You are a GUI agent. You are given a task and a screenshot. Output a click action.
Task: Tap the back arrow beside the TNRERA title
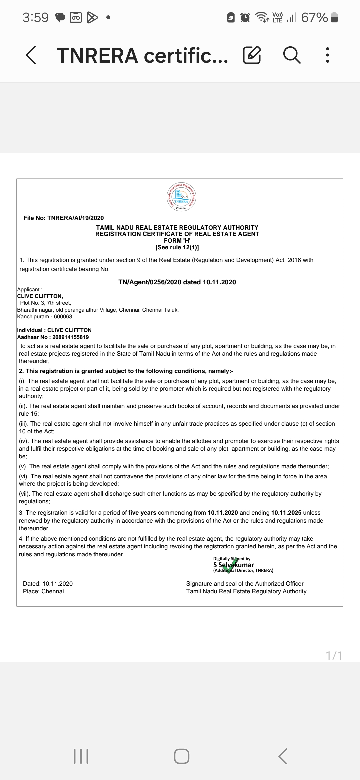click(x=31, y=55)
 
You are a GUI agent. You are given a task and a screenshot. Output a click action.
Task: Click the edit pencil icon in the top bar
click(x=252, y=55)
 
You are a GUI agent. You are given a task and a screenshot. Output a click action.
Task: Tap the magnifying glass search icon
click(x=292, y=55)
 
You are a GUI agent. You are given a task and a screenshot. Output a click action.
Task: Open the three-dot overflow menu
click(x=328, y=55)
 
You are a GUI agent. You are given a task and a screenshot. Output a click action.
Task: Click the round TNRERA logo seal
click(x=181, y=197)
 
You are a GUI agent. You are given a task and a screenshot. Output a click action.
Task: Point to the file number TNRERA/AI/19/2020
click(x=75, y=218)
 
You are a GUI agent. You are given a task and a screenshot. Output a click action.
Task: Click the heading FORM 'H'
click(x=177, y=241)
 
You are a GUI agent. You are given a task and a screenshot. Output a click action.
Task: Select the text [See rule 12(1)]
click(x=177, y=247)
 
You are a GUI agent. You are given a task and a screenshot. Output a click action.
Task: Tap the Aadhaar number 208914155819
click(x=70, y=337)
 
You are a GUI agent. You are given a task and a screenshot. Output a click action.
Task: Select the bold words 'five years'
click(x=142, y=513)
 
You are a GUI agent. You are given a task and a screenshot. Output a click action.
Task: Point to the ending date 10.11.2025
click(x=286, y=513)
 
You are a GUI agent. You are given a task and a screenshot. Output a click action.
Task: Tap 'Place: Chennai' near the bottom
click(x=43, y=591)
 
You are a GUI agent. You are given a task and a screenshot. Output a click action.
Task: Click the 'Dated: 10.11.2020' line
click(x=48, y=584)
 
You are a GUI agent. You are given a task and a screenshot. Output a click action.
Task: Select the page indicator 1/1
click(x=334, y=656)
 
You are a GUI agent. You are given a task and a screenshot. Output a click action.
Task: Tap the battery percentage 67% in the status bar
click(x=314, y=17)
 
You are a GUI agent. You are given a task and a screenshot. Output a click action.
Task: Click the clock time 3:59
click(x=35, y=17)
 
